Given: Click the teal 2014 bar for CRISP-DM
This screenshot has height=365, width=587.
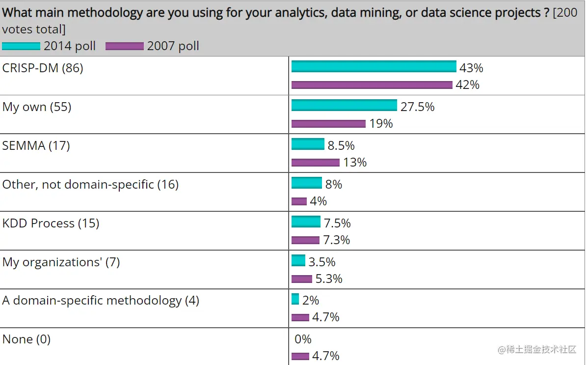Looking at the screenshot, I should [x=374, y=67].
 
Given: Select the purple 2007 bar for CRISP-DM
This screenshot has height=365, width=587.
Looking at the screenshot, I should [x=372, y=85].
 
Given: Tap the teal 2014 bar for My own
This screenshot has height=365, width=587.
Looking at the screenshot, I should [x=344, y=106].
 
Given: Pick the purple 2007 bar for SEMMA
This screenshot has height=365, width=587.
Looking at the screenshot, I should [x=315, y=163].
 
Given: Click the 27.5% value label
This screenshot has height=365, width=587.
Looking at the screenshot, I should [x=417, y=107].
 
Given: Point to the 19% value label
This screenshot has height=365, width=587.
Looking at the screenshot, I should [x=381, y=124].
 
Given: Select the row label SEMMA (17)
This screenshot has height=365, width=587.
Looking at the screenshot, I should [x=36, y=145].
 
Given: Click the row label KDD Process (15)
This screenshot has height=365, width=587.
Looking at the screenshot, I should [x=51, y=223].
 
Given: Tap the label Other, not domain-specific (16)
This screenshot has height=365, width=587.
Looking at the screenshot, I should [x=90, y=184].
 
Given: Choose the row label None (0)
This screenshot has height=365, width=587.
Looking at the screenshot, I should [x=26, y=339].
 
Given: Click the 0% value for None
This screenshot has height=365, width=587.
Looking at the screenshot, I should [x=303, y=339].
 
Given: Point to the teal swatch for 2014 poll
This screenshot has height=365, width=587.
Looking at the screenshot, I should [x=21, y=46].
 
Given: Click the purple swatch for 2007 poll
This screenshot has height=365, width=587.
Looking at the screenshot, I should [x=124, y=46].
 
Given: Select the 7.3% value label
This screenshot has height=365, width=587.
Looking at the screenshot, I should [x=337, y=240].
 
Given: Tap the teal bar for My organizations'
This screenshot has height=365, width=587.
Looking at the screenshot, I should [x=298, y=260].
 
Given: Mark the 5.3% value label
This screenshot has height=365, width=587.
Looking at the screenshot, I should [x=329, y=279].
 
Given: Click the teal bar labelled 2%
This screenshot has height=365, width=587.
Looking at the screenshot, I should [x=295, y=299].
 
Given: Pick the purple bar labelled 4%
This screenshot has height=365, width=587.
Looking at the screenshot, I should [x=299, y=201].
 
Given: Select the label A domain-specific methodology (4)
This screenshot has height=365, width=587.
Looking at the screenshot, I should [x=101, y=300].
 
